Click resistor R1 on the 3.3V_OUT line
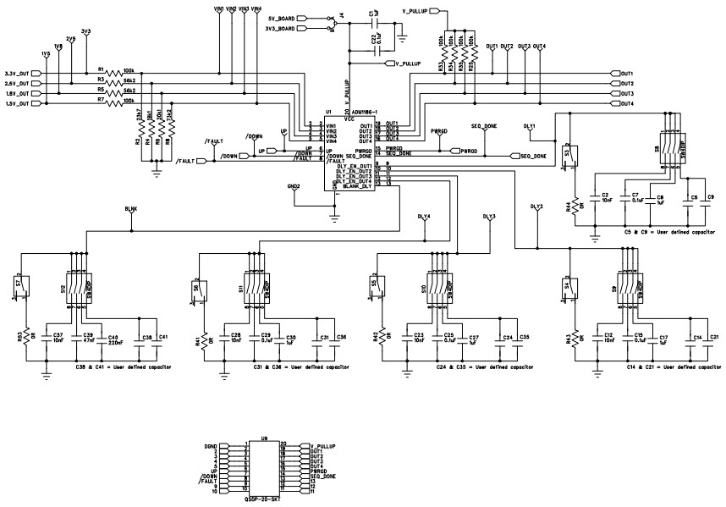point(113,73)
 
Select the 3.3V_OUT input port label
point(21,73)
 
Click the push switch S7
point(22,289)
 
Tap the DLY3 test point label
point(488,217)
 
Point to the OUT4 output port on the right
point(626,103)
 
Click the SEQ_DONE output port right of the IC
point(531,156)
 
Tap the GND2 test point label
point(294,185)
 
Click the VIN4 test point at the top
point(256,8)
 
